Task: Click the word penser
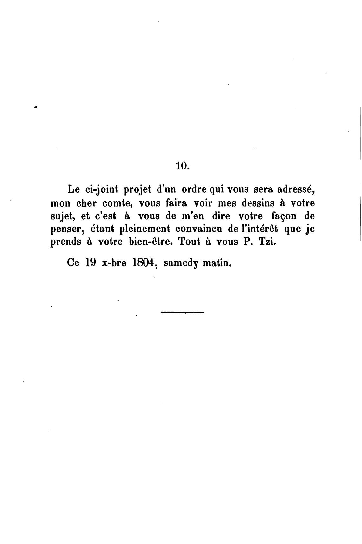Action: pos(65,229)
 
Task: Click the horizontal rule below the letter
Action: pos(182,313)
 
